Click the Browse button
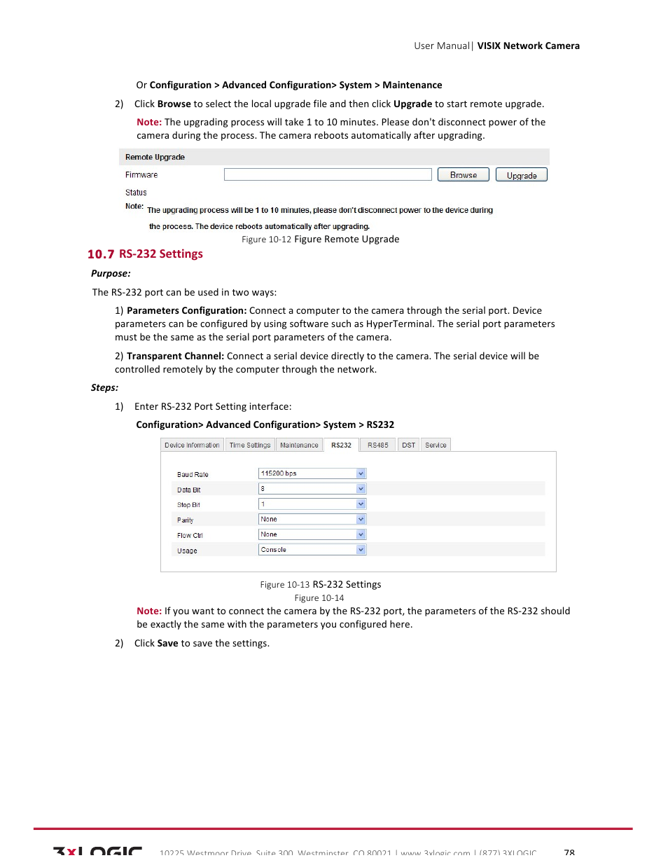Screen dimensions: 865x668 (463, 175)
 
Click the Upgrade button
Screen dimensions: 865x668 (521, 175)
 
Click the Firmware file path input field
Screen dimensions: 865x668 (327, 174)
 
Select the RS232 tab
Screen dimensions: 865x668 (341, 445)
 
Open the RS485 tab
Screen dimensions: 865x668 (377, 445)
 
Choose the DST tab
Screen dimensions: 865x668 (408, 445)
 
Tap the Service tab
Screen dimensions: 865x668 (436, 445)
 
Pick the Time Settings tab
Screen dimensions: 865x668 (249, 445)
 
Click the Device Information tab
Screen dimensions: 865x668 (192, 445)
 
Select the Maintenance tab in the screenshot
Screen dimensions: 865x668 (299, 445)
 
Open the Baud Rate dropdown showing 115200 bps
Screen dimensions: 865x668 (312, 473)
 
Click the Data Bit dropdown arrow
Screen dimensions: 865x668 (361, 489)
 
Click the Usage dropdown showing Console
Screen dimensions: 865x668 (312, 550)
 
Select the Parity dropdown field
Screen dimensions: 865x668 (312, 519)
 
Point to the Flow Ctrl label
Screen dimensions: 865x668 (190, 536)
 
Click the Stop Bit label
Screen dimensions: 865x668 (188, 505)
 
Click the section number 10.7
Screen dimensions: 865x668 (101, 254)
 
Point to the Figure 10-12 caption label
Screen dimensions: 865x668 (266, 240)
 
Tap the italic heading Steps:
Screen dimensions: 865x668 (104, 387)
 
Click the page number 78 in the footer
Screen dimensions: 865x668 (569, 852)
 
